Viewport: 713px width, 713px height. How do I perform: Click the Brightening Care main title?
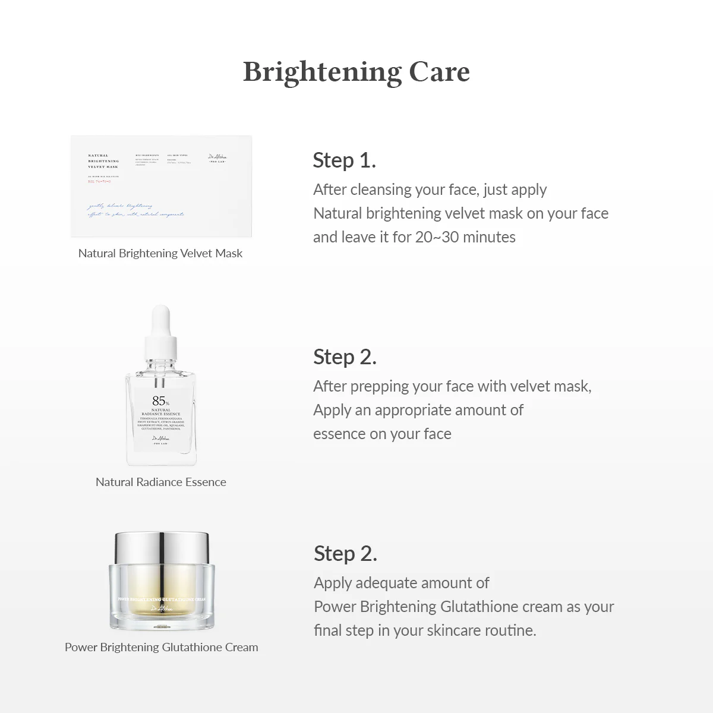tap(356, 72)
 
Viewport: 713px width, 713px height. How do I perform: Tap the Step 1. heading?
tap(344, 160)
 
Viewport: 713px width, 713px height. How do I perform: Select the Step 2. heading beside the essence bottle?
tap(345, 356)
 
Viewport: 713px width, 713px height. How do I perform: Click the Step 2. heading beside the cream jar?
tap(345, 553)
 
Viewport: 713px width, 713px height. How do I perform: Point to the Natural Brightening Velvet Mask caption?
tap(160, 253)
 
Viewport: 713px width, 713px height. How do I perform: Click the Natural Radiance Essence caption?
tap(160, 482)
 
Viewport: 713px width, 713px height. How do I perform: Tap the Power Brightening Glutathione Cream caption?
tap(161, 647)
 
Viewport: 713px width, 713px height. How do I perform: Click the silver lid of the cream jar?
tap(161, 547)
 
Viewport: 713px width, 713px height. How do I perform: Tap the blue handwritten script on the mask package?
tap(135, 210)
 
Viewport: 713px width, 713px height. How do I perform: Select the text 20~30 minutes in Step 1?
tap(465, 237)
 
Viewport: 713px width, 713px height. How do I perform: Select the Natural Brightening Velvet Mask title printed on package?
tap(103, 161)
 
